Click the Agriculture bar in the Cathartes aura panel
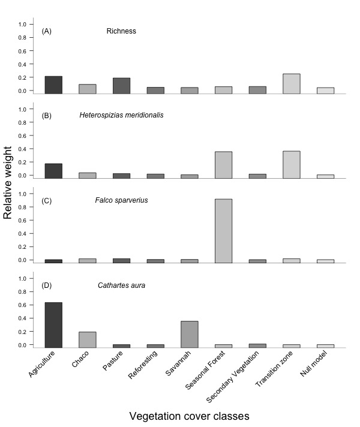[x=53, y=325]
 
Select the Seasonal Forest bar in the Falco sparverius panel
[x=223, y=231]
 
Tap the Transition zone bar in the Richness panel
[x=292, y=83]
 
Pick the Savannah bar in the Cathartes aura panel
[x=190, y=335]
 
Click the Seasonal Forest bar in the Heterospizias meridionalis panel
[x=223, y=165]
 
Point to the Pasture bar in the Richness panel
[x=122, y=86]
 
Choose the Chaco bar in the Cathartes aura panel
[x=88, y=339]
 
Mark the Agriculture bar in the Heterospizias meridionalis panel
[x=53, y=171]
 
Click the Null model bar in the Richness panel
[x=325, y=91]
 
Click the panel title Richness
[x=121, y=31]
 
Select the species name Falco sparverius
[x=122, y=200]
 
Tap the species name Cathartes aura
[x=122, y=285]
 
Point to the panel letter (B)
[x=47, y=116]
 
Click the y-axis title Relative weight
[x=8, y=183]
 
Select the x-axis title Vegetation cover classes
[x=189, y=416]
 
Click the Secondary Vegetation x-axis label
[x=232, y=377]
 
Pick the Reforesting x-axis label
[x=143, y=365]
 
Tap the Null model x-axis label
[x=313, y=363]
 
